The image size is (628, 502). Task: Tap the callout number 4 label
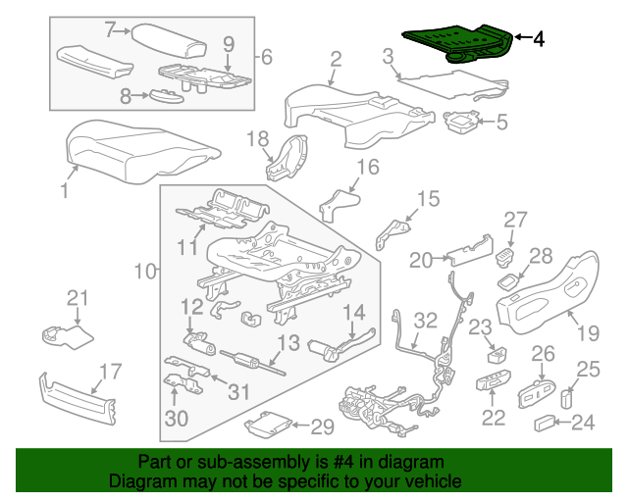click(x=539, y=39)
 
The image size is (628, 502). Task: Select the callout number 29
click(x=323, y=427)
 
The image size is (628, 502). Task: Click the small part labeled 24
click(x=545, y=424)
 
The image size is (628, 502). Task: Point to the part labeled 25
click(x=566, y=399)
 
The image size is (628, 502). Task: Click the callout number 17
click(x=110, y=372)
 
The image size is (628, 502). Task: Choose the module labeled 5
click(x=460, y=121)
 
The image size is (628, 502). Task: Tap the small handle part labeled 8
click(x=167, y=96)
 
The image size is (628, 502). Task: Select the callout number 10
click(x=145, y=271)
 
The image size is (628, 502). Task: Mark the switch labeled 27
click(x=505, y=255)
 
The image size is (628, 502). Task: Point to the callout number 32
click(x=425, y=321)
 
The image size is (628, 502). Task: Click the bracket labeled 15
click(x=392, y=233)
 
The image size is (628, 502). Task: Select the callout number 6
click(x=267, y=57)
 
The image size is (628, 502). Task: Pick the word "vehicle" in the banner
click(x=438, y=481)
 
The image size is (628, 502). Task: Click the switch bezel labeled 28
click(x=509, y=281)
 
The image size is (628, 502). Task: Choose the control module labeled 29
click(x=268, y=424)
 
